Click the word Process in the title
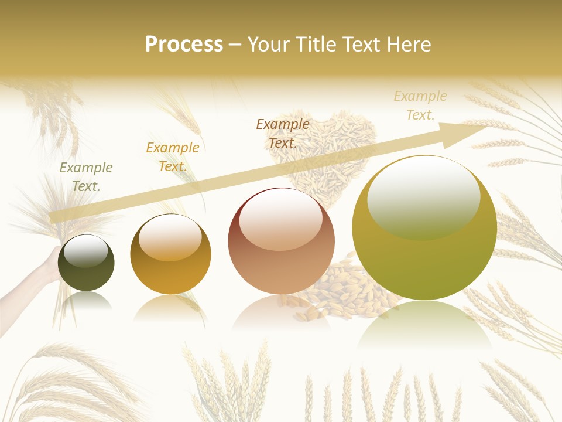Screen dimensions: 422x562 tap(184, 45)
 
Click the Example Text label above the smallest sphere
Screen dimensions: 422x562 tap(86, 177)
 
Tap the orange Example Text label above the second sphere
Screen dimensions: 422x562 tap(173, 157)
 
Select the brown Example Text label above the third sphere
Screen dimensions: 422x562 tap(283, 133)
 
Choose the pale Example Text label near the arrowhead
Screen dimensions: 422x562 tap(420, 105)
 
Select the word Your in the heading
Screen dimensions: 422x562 tap(269, 45)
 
